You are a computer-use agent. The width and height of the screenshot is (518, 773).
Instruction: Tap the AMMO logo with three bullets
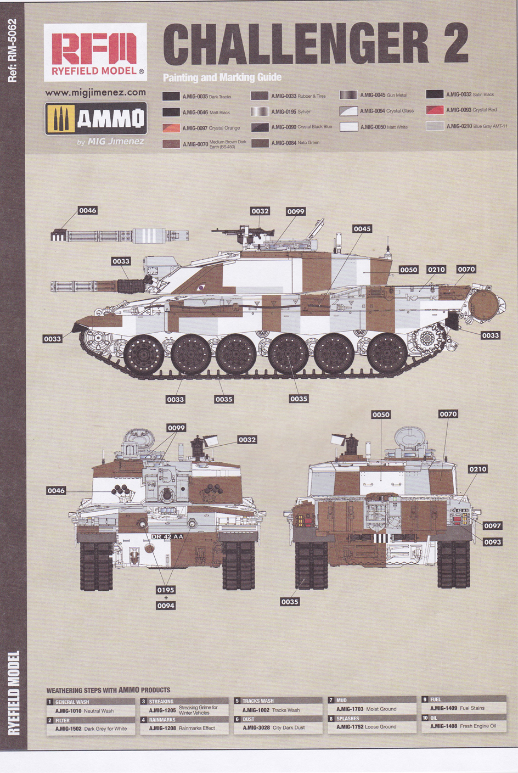[x=96, y=118]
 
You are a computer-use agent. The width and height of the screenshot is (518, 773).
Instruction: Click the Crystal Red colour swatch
[x=435, y=110]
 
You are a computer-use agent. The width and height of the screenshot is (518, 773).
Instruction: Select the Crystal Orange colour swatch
[x=171, y=128]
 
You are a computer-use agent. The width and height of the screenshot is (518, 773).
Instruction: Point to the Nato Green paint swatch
[x=260, y=143]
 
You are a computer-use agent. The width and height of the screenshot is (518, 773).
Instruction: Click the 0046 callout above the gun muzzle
[x=87, y=210]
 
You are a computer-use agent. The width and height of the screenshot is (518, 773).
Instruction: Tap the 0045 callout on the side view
[x=362, y=228]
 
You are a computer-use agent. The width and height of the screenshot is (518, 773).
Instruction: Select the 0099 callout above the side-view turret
[x=296, y=211]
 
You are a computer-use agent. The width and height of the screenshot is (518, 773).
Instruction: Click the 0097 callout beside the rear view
[x=492, y=526]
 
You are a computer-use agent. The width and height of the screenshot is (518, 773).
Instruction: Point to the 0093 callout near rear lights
[x=492, y=542]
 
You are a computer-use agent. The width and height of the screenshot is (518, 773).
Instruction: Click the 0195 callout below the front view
[x=166, y=590]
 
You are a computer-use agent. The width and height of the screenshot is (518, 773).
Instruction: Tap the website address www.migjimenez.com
[x=95, y=92]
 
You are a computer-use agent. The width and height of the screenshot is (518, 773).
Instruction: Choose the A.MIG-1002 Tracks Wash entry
[x=271, y=710]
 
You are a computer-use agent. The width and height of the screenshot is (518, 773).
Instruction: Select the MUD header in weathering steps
[x=341, y=700]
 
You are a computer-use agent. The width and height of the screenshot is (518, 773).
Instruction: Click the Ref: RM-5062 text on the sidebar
[x=13, y=51]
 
